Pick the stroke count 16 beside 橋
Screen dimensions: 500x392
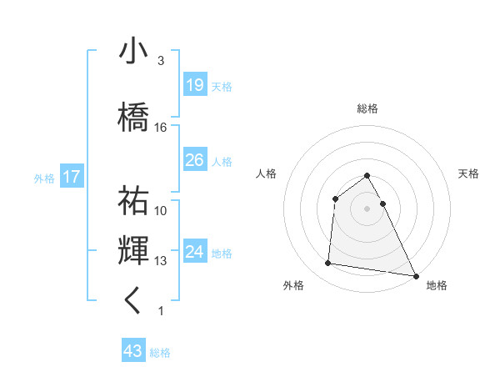coord(161,128)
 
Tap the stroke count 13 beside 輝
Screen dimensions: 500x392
coord(161,261)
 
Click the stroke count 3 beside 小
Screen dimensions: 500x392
coord(161,61)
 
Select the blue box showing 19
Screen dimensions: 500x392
coord(194,85)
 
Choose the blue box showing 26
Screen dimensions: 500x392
coord(194,160)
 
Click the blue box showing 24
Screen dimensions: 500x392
coord(194,252)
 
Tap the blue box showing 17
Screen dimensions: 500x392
coord(71,177)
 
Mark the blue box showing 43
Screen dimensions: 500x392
coord(132,351)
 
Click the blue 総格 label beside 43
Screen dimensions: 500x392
coord(160,353)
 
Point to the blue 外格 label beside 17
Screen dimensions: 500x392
coord(44,178)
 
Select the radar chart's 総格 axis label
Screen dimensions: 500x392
coord(367,108)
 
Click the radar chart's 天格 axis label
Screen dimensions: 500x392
coord(468,173)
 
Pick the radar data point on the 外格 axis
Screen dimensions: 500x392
coord(328,264)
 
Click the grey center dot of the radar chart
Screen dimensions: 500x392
coord(367,209)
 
